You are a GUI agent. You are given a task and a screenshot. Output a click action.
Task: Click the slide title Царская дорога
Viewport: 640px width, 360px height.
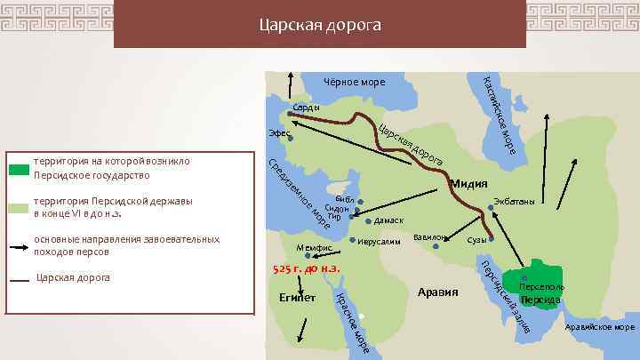[x=319, y=25]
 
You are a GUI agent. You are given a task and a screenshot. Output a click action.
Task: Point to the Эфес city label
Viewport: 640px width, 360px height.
[x=279, y=132]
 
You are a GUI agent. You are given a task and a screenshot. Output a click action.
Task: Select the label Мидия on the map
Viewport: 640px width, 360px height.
[x=468, y=184]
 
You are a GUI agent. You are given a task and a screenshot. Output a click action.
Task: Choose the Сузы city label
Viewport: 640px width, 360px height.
[x=476, y=240]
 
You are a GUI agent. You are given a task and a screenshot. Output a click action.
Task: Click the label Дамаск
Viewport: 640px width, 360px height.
[x=388, y=220]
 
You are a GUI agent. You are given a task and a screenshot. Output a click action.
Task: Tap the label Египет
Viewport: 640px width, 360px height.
[x=297, y=296]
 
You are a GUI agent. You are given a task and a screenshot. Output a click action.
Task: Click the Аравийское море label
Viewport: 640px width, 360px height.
[x=599, y=327]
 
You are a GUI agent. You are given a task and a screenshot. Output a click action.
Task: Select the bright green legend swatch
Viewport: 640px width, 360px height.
[x=19, y=168]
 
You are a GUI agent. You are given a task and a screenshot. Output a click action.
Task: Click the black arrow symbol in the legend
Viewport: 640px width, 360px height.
[x=19, y=245]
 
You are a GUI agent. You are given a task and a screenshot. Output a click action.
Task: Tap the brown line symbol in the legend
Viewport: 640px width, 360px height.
[x=19, y=279]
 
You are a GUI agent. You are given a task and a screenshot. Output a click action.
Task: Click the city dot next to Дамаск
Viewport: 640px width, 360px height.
[x=369, y=220]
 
